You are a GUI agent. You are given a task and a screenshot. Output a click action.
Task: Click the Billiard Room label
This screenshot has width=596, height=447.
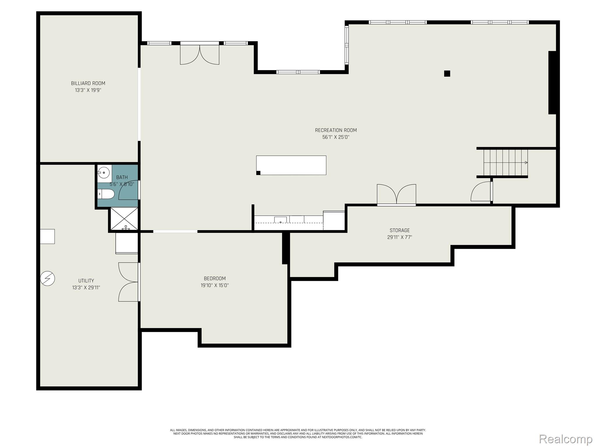(88, 83)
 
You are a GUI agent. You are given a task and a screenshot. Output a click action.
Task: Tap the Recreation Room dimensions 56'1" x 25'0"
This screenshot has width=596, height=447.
(336, 137)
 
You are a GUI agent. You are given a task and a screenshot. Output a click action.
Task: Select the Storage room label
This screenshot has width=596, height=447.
(400, 230)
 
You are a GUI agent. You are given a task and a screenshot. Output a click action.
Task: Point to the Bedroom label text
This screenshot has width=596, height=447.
(214, 279)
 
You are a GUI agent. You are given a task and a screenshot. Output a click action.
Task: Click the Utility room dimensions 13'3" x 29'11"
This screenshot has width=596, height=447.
(86, 288)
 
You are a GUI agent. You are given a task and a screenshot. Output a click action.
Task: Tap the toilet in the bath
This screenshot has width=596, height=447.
(106, 194)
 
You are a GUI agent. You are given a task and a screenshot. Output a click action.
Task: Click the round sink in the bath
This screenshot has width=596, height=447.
(104, 173)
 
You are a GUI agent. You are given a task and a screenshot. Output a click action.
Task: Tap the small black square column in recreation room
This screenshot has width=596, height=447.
(447, 74)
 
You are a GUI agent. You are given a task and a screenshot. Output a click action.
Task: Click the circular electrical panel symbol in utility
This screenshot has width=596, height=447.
(47, 279)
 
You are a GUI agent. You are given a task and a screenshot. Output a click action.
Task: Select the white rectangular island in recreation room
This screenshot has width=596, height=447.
(291, 165)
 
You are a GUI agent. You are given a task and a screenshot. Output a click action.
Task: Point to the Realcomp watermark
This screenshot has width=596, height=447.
(565, 439)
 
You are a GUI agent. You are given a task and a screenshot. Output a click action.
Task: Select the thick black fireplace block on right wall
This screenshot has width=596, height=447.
(552, 83)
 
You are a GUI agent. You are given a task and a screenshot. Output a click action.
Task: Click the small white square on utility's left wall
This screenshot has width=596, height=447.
(47, 236)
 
